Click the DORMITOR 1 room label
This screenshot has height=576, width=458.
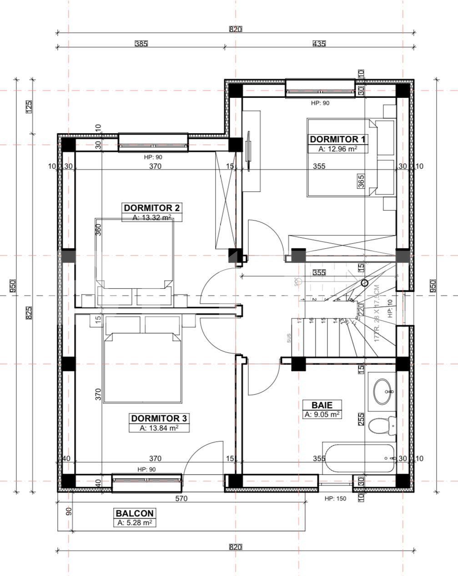tap(337, 139)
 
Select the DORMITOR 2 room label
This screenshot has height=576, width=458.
tap(152, 208)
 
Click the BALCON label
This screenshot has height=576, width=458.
tap(134, 513)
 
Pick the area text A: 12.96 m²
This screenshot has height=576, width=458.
tap(337, 149)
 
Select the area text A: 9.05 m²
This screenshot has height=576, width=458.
tap(322, 414)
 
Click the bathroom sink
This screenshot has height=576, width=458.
tap(384, 390)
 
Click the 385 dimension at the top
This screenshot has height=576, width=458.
tap(141, 44)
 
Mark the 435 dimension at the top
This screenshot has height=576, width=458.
tap(319, 44)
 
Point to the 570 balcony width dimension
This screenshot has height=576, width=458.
tap(181, 499)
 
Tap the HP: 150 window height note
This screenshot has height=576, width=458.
tap(335, 499)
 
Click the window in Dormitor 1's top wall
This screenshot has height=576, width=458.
tap(320, 88)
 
